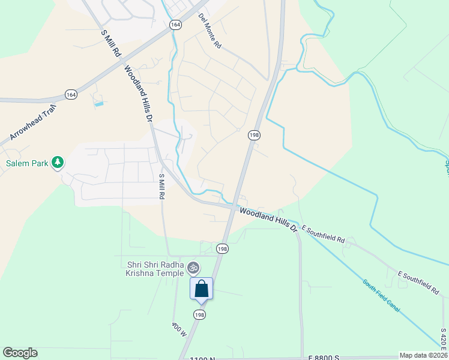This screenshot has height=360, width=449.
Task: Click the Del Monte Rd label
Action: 210,32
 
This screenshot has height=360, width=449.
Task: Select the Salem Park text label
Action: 26,163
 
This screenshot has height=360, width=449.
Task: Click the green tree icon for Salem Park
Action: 58,162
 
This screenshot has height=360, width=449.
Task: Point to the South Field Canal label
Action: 381,295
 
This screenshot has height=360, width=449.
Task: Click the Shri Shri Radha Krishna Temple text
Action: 155,268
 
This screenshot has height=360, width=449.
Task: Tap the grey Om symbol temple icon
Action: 193,268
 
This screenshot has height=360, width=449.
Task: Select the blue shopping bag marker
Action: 202,289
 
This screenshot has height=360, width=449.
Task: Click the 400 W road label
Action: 179,331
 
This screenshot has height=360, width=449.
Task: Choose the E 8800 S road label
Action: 324,358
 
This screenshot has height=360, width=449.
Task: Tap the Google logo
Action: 20,353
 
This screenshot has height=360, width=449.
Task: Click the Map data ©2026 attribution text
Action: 423,355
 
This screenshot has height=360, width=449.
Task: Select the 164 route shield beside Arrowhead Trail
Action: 71,95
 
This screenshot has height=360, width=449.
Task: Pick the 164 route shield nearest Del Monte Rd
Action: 175,25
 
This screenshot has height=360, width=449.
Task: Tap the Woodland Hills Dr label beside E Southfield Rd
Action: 269,219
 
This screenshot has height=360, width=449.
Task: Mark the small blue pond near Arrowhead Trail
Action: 98,104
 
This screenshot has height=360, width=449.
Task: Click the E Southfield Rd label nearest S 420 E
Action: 419,282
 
